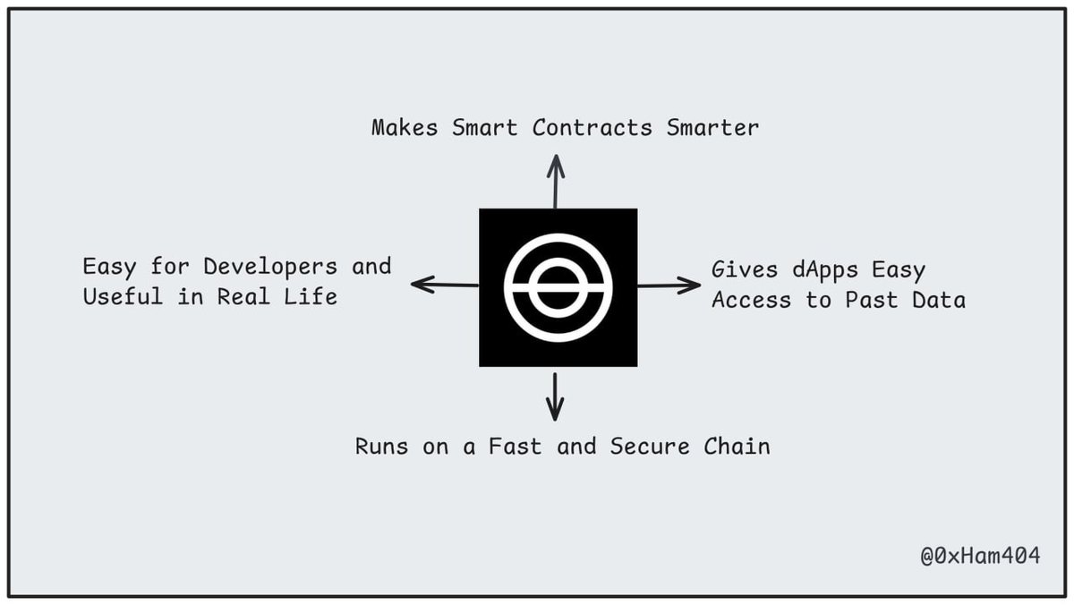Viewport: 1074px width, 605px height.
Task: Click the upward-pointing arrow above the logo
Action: pyautogui.click(x=556, y=181)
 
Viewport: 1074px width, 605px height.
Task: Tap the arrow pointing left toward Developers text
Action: pyautogui.click(x=445, y=285)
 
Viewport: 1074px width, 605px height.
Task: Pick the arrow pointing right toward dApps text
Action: pyautogui.click(x=669, y=285)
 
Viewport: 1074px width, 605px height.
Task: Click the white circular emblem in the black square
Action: pyautogui.click(x=558, y=287)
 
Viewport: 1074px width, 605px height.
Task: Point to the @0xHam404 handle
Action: pyautogui.click(x=980, y=556)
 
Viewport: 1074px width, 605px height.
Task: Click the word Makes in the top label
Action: pyautogui.click(x=405, y=127)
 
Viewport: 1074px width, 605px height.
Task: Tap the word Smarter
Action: pyautogui.click(x=712, y=127)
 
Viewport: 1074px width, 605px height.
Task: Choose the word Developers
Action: pyautogui.click(x=270, y=267)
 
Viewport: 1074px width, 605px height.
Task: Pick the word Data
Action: pyautogui.click(x=939, y=300)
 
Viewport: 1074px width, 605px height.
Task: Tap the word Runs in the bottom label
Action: pyautogui.click(x=382, y=446)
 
